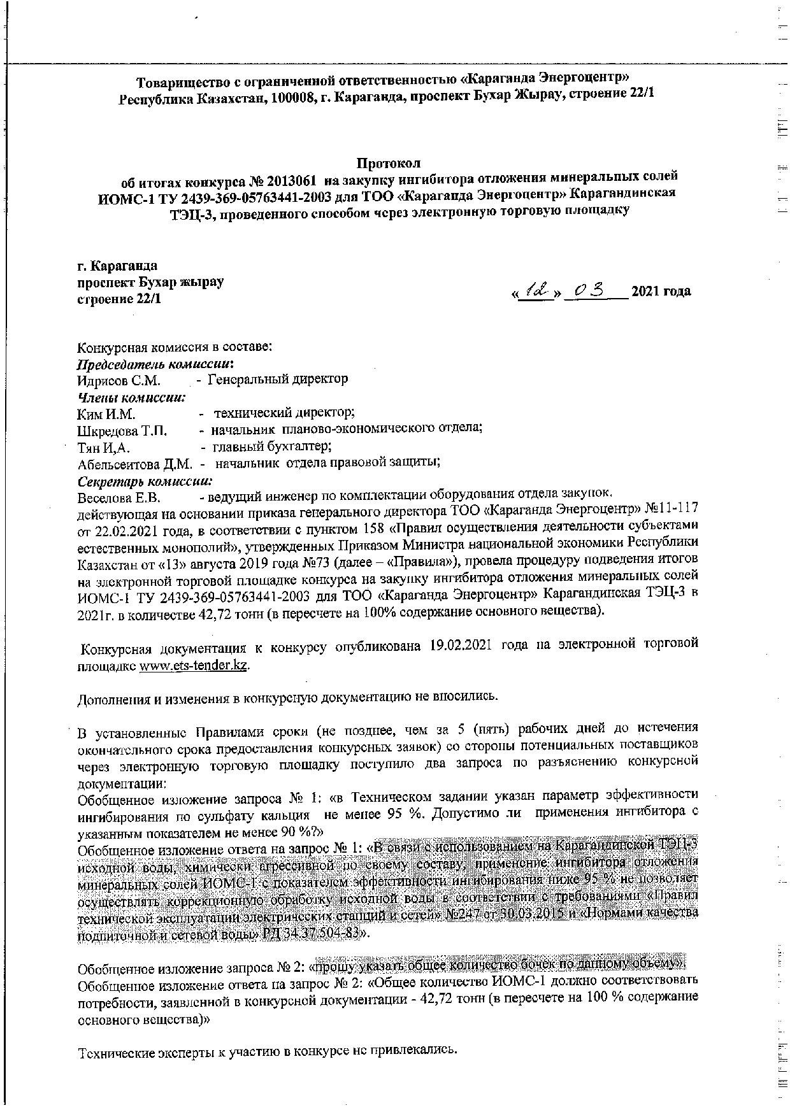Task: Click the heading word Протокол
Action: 388,163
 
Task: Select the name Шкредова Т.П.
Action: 122,430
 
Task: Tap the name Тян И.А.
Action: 103,447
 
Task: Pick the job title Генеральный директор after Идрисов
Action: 278,380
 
